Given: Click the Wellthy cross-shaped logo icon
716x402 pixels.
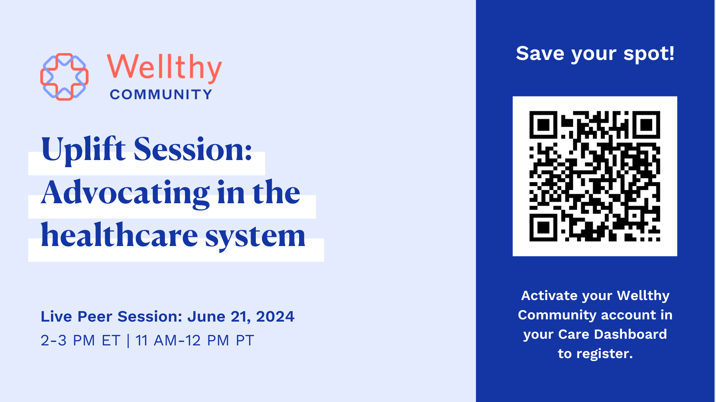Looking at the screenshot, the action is click(x=64, y=77).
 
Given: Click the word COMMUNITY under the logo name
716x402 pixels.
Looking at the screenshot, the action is click(x=161, y=95).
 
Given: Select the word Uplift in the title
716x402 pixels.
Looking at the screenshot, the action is click(x=83, y=150).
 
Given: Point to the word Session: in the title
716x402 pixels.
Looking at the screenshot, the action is click(x=193, y=149).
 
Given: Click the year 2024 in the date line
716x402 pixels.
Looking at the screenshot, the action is click(x=275, y=316).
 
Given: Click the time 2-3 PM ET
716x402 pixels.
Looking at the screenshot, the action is click(x=81, y=340).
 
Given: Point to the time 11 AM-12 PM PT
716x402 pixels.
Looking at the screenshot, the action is click(x=195, y=340).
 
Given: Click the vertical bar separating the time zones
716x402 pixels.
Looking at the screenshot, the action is click(x=128, y=341).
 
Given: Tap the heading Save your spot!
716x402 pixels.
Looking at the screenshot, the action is click(x=595, y=54).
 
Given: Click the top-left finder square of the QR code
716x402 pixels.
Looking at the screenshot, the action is click(x=543, y=125).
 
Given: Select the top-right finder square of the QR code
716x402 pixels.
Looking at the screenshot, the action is click(x=646, y=125).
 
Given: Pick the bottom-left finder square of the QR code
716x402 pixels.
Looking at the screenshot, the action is click(x=543, y=227).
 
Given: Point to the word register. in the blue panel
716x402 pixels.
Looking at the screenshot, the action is click(x=604, y=354).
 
